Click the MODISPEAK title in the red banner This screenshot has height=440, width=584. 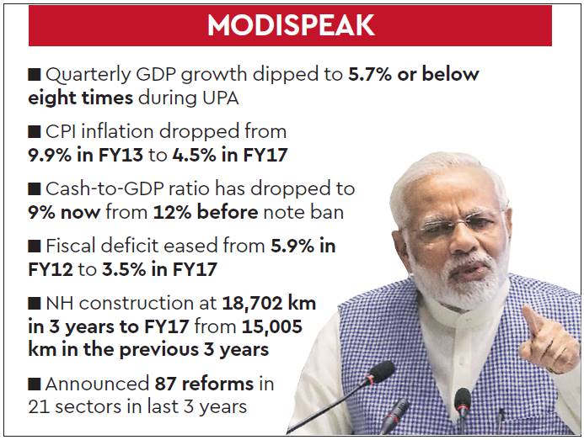[291, 26]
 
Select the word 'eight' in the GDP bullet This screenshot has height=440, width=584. [56, 98]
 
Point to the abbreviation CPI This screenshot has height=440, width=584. [65, 131]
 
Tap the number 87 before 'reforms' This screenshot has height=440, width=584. [167, 384]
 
